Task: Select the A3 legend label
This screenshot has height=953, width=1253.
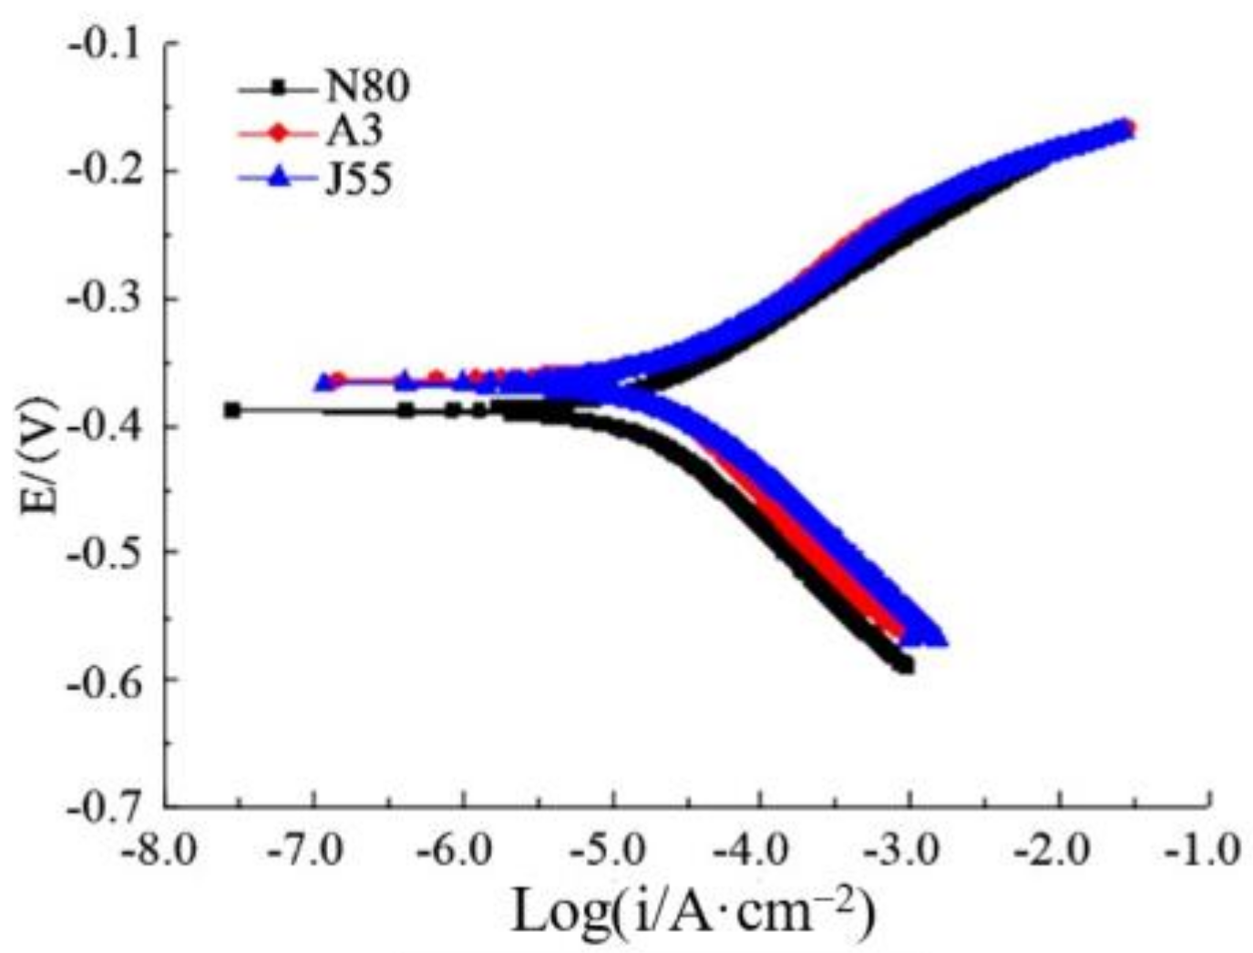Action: pos(354,133)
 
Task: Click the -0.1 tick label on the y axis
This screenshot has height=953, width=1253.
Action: pos(108,45)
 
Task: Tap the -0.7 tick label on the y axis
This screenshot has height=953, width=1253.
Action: pos(108,807)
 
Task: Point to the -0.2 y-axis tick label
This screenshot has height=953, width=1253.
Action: pos(108,171)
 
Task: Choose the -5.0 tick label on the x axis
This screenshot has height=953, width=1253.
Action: pos(613,852)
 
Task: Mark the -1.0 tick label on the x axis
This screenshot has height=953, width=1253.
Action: pos(1208,852)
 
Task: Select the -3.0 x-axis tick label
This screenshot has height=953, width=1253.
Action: pos(910,852)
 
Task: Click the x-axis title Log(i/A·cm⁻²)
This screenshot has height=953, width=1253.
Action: pos(693,911)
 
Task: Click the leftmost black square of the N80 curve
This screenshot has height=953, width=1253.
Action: pos(232,410)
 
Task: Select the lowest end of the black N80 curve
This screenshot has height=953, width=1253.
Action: pos(904,665)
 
